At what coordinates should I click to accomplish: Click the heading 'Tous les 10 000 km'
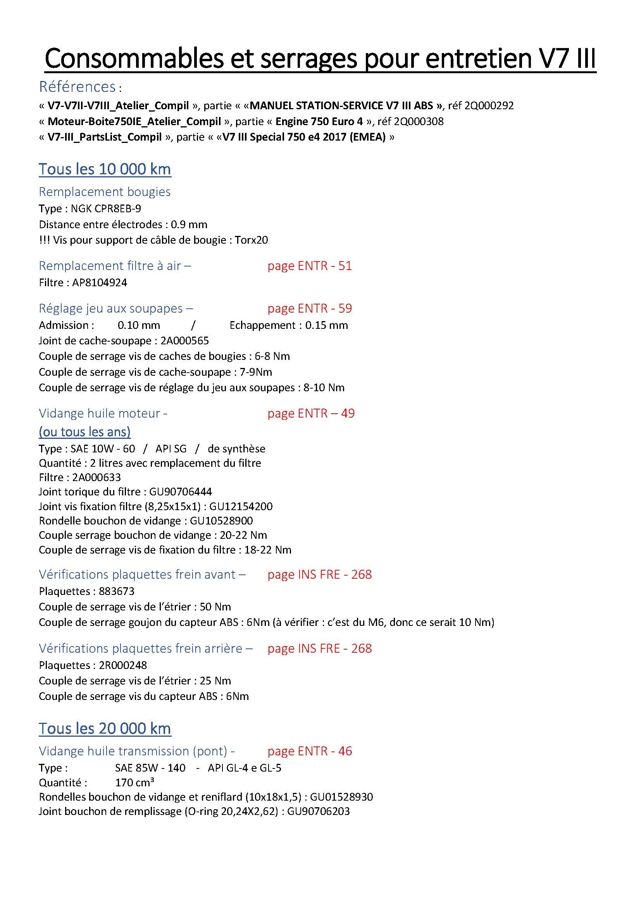point(105,169)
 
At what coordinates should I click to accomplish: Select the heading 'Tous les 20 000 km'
point(105,729)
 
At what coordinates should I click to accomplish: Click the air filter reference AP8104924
point(100,282)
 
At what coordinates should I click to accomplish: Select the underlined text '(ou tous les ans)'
point(84,432)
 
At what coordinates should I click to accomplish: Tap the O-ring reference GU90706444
point(180,492)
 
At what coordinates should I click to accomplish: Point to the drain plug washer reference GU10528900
point(221,521)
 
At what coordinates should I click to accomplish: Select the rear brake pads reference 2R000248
point(123,665)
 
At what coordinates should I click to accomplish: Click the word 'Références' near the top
point(78,86)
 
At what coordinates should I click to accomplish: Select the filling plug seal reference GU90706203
point(318,811)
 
